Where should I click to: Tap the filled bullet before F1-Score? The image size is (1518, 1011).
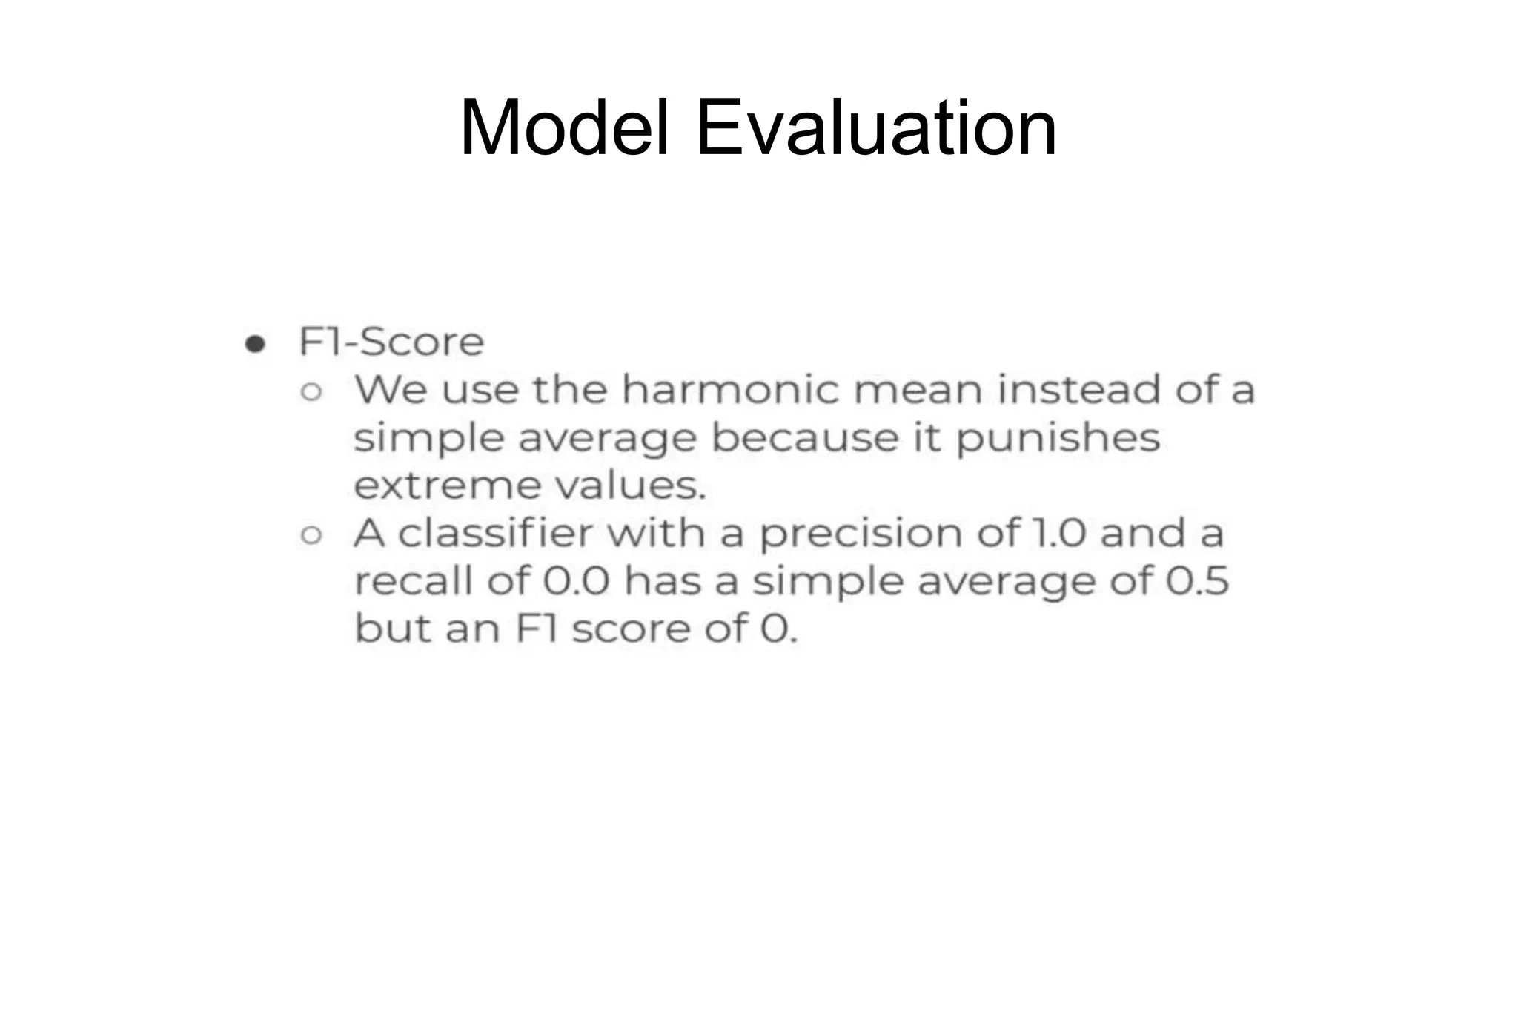[x=255, y=344]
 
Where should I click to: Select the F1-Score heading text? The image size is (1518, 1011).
[x=391, y=342]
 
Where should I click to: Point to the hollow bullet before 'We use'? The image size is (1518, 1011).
[x=311, y=391]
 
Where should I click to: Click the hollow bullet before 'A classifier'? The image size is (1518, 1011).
[x=311, y=534]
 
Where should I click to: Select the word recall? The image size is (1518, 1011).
[x=413, y=580]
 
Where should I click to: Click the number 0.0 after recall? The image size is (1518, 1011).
[x=576, y=580]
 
